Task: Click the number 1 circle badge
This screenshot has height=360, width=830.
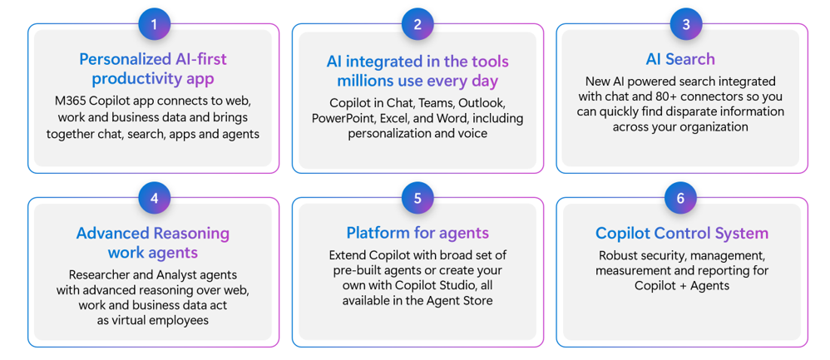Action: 154,24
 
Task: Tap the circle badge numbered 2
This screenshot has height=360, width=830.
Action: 417,24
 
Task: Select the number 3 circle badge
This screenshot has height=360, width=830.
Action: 687,24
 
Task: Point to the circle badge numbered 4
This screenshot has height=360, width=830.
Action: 154,198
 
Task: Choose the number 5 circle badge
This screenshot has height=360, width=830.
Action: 417,198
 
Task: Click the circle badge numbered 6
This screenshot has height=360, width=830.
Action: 680,198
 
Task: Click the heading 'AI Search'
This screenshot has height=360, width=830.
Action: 680,59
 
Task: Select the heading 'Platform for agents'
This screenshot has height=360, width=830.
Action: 417,233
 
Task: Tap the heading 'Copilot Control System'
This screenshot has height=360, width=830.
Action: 682,233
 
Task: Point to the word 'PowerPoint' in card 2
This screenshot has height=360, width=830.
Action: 338,117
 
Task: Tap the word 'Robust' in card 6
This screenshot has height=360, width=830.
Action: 616,255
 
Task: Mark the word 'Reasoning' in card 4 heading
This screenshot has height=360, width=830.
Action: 191,233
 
